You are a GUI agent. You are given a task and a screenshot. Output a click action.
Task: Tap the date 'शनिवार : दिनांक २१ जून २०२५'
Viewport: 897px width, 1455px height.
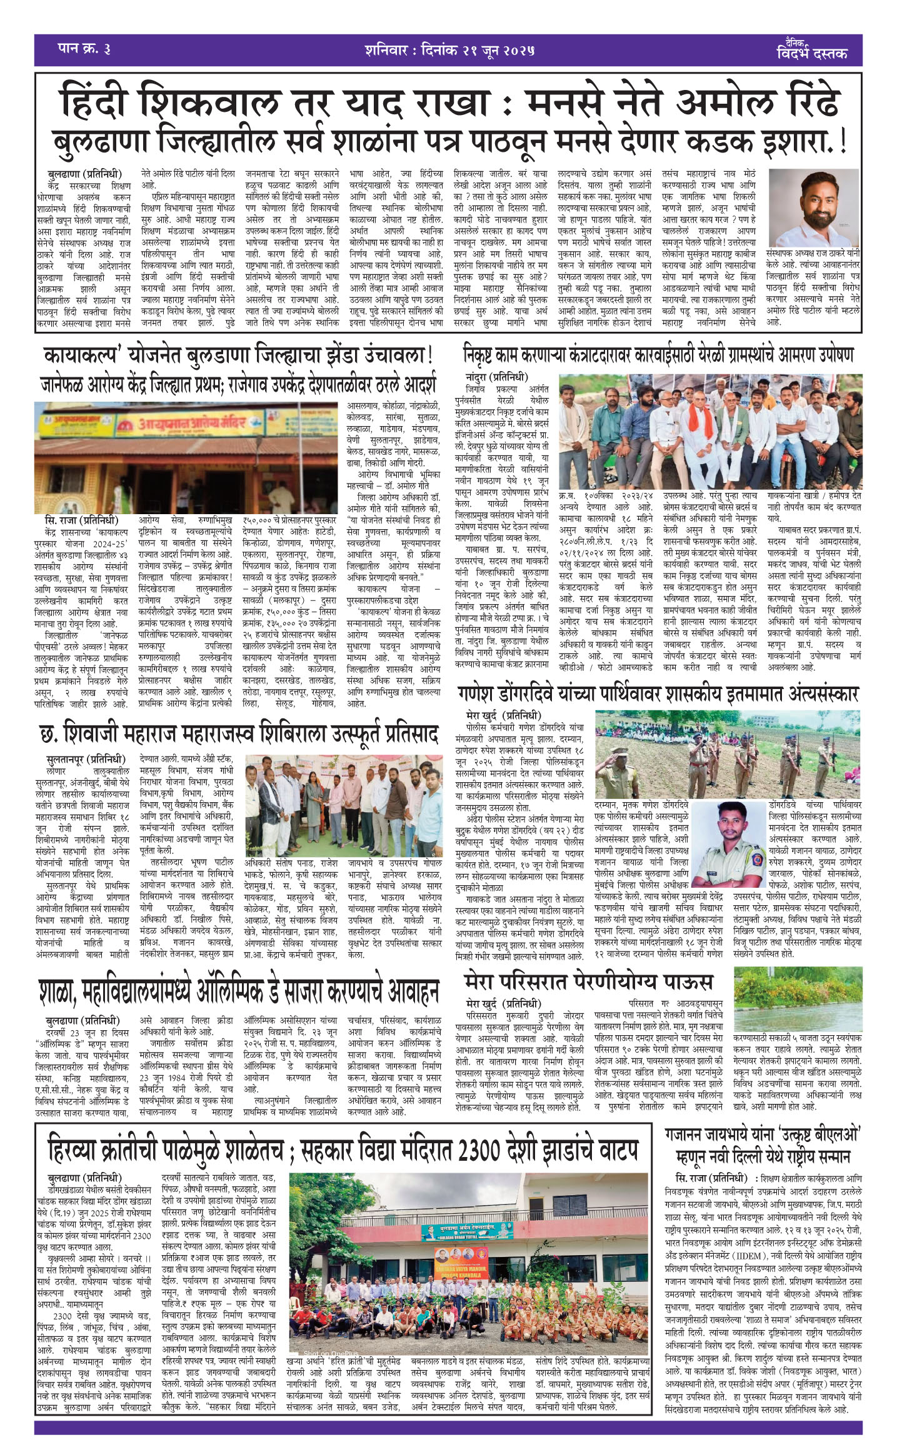tap(449, 50)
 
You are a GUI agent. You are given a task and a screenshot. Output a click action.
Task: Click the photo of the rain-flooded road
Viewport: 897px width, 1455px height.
tap(798, 1025)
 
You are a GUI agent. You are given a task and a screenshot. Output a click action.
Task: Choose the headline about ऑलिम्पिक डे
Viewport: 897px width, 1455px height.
tap(238, 991)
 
